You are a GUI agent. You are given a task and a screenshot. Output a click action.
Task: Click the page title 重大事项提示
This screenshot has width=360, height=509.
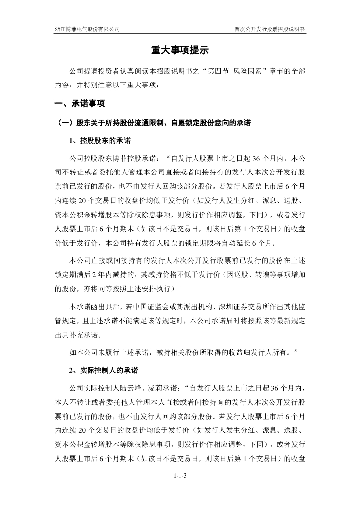(180, 50)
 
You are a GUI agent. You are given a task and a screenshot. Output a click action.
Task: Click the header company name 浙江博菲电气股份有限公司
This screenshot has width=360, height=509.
(87, 29)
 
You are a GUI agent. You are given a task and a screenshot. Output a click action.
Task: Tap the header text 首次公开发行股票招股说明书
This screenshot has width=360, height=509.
(270, 29)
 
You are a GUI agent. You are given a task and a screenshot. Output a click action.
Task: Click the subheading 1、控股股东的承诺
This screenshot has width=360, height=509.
(100, 141)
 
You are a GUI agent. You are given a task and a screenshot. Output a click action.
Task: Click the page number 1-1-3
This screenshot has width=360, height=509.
(180, 476)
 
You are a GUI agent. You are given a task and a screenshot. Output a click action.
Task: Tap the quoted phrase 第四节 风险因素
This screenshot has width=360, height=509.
(235, 71)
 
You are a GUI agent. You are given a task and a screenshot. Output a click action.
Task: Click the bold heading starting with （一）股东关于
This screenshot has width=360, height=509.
(154, 123)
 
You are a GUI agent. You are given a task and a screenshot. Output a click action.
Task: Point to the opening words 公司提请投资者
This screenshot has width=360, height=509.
(94, 71)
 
